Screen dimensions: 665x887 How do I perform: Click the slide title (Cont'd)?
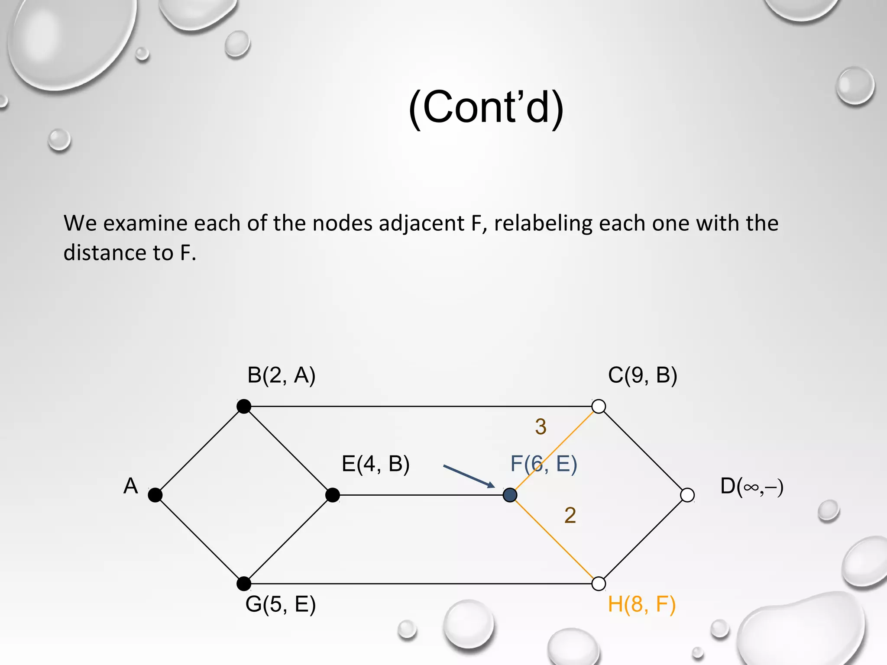coord(486,107)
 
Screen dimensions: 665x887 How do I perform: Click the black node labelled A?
coord(155,495)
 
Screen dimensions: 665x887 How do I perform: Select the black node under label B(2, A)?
coord(244,406)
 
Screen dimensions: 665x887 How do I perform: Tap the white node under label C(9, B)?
coord(599,406)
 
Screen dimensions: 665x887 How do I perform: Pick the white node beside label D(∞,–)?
coord(687,495)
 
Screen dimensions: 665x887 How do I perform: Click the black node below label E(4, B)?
coord(333,495)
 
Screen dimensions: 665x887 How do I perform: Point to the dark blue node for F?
coord(510,495)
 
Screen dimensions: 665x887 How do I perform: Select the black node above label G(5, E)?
coord(244,584)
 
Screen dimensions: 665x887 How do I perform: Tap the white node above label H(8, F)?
coord(599,584)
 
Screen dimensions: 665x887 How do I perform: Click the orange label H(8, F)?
coord(641,604)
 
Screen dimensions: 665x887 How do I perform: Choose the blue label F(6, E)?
coord(544,464)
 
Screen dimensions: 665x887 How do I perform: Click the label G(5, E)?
coord(281,604)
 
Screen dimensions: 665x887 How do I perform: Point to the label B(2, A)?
coord(281,375)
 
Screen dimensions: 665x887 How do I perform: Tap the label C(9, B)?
coord(642,375)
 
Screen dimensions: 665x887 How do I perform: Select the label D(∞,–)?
coord(752,486)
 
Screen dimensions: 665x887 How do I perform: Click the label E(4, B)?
coord(376,464)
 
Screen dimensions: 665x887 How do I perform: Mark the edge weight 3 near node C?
coord(541,426)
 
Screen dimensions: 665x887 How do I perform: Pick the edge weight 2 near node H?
coord(570,515)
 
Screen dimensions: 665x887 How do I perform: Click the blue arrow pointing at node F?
coord(469,476)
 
